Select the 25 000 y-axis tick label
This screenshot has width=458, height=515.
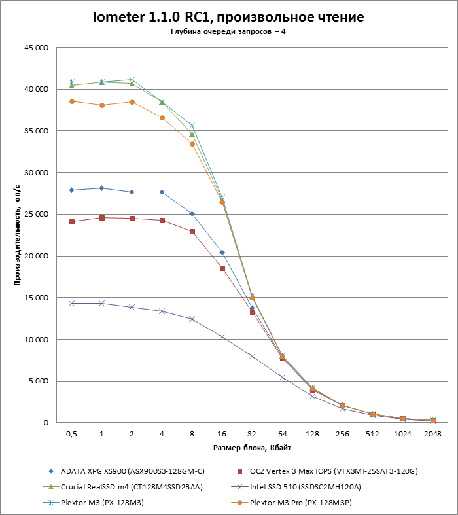click(34, 215)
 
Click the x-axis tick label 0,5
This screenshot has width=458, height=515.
click(71, 433)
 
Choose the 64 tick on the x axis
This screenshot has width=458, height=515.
click(283, 433)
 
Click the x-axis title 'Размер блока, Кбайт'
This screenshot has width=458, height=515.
click(252, 448)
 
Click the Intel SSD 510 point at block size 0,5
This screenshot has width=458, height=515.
click(71, 303)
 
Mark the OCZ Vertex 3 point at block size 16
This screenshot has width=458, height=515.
click(222, 268)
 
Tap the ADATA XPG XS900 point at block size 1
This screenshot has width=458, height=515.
click(101, 188)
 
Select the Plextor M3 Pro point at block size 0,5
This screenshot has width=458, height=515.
click(71, 101)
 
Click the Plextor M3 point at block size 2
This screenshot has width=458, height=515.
click(132, 80)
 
